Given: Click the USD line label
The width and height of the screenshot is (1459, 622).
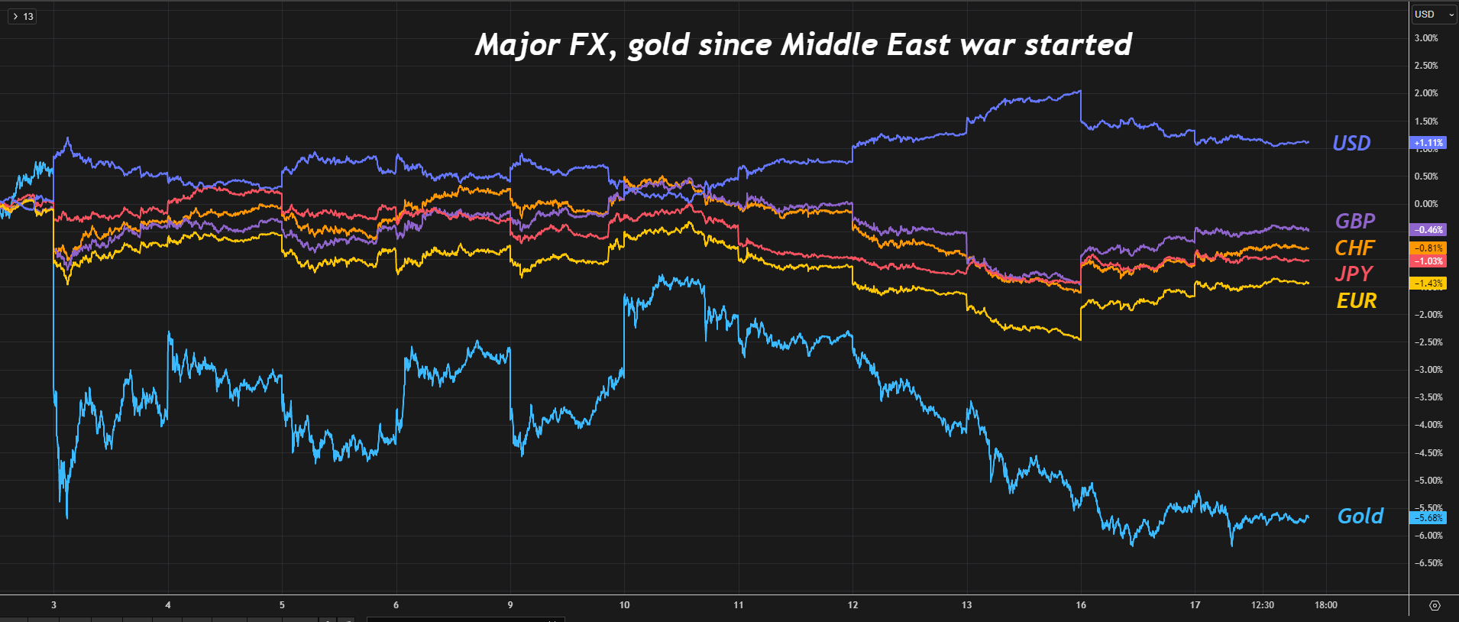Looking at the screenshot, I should (1351, 144).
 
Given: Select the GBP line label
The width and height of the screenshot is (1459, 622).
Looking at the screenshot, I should (1354, 222).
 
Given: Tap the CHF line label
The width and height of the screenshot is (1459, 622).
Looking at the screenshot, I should (1354, 248).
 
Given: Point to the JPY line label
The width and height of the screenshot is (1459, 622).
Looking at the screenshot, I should (1354, 274).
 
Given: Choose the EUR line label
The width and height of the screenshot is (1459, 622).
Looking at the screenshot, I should (1356, 301).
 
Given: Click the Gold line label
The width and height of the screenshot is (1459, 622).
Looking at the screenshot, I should (1360, 517).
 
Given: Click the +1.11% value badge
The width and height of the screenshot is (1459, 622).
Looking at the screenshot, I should (1427, 143).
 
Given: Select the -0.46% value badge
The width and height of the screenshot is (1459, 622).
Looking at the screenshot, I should (1427, 229).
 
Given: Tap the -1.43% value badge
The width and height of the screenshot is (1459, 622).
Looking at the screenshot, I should (1427, 283).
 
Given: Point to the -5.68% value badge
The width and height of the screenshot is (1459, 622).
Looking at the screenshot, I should (1427, 518).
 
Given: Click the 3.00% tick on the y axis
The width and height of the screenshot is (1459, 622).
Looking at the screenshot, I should (1426, 38).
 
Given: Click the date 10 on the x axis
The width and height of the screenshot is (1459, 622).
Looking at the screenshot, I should (624, 605).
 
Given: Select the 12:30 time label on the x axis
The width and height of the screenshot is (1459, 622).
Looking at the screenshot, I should (1263, 605).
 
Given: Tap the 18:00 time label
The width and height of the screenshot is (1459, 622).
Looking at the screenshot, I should (1326, 605).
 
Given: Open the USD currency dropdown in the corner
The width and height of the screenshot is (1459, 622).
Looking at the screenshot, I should (1434, 15).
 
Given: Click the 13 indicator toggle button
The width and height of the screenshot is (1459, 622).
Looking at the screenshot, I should (22, 16).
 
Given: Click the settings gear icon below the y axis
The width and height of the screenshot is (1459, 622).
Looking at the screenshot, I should (1435, 605).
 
